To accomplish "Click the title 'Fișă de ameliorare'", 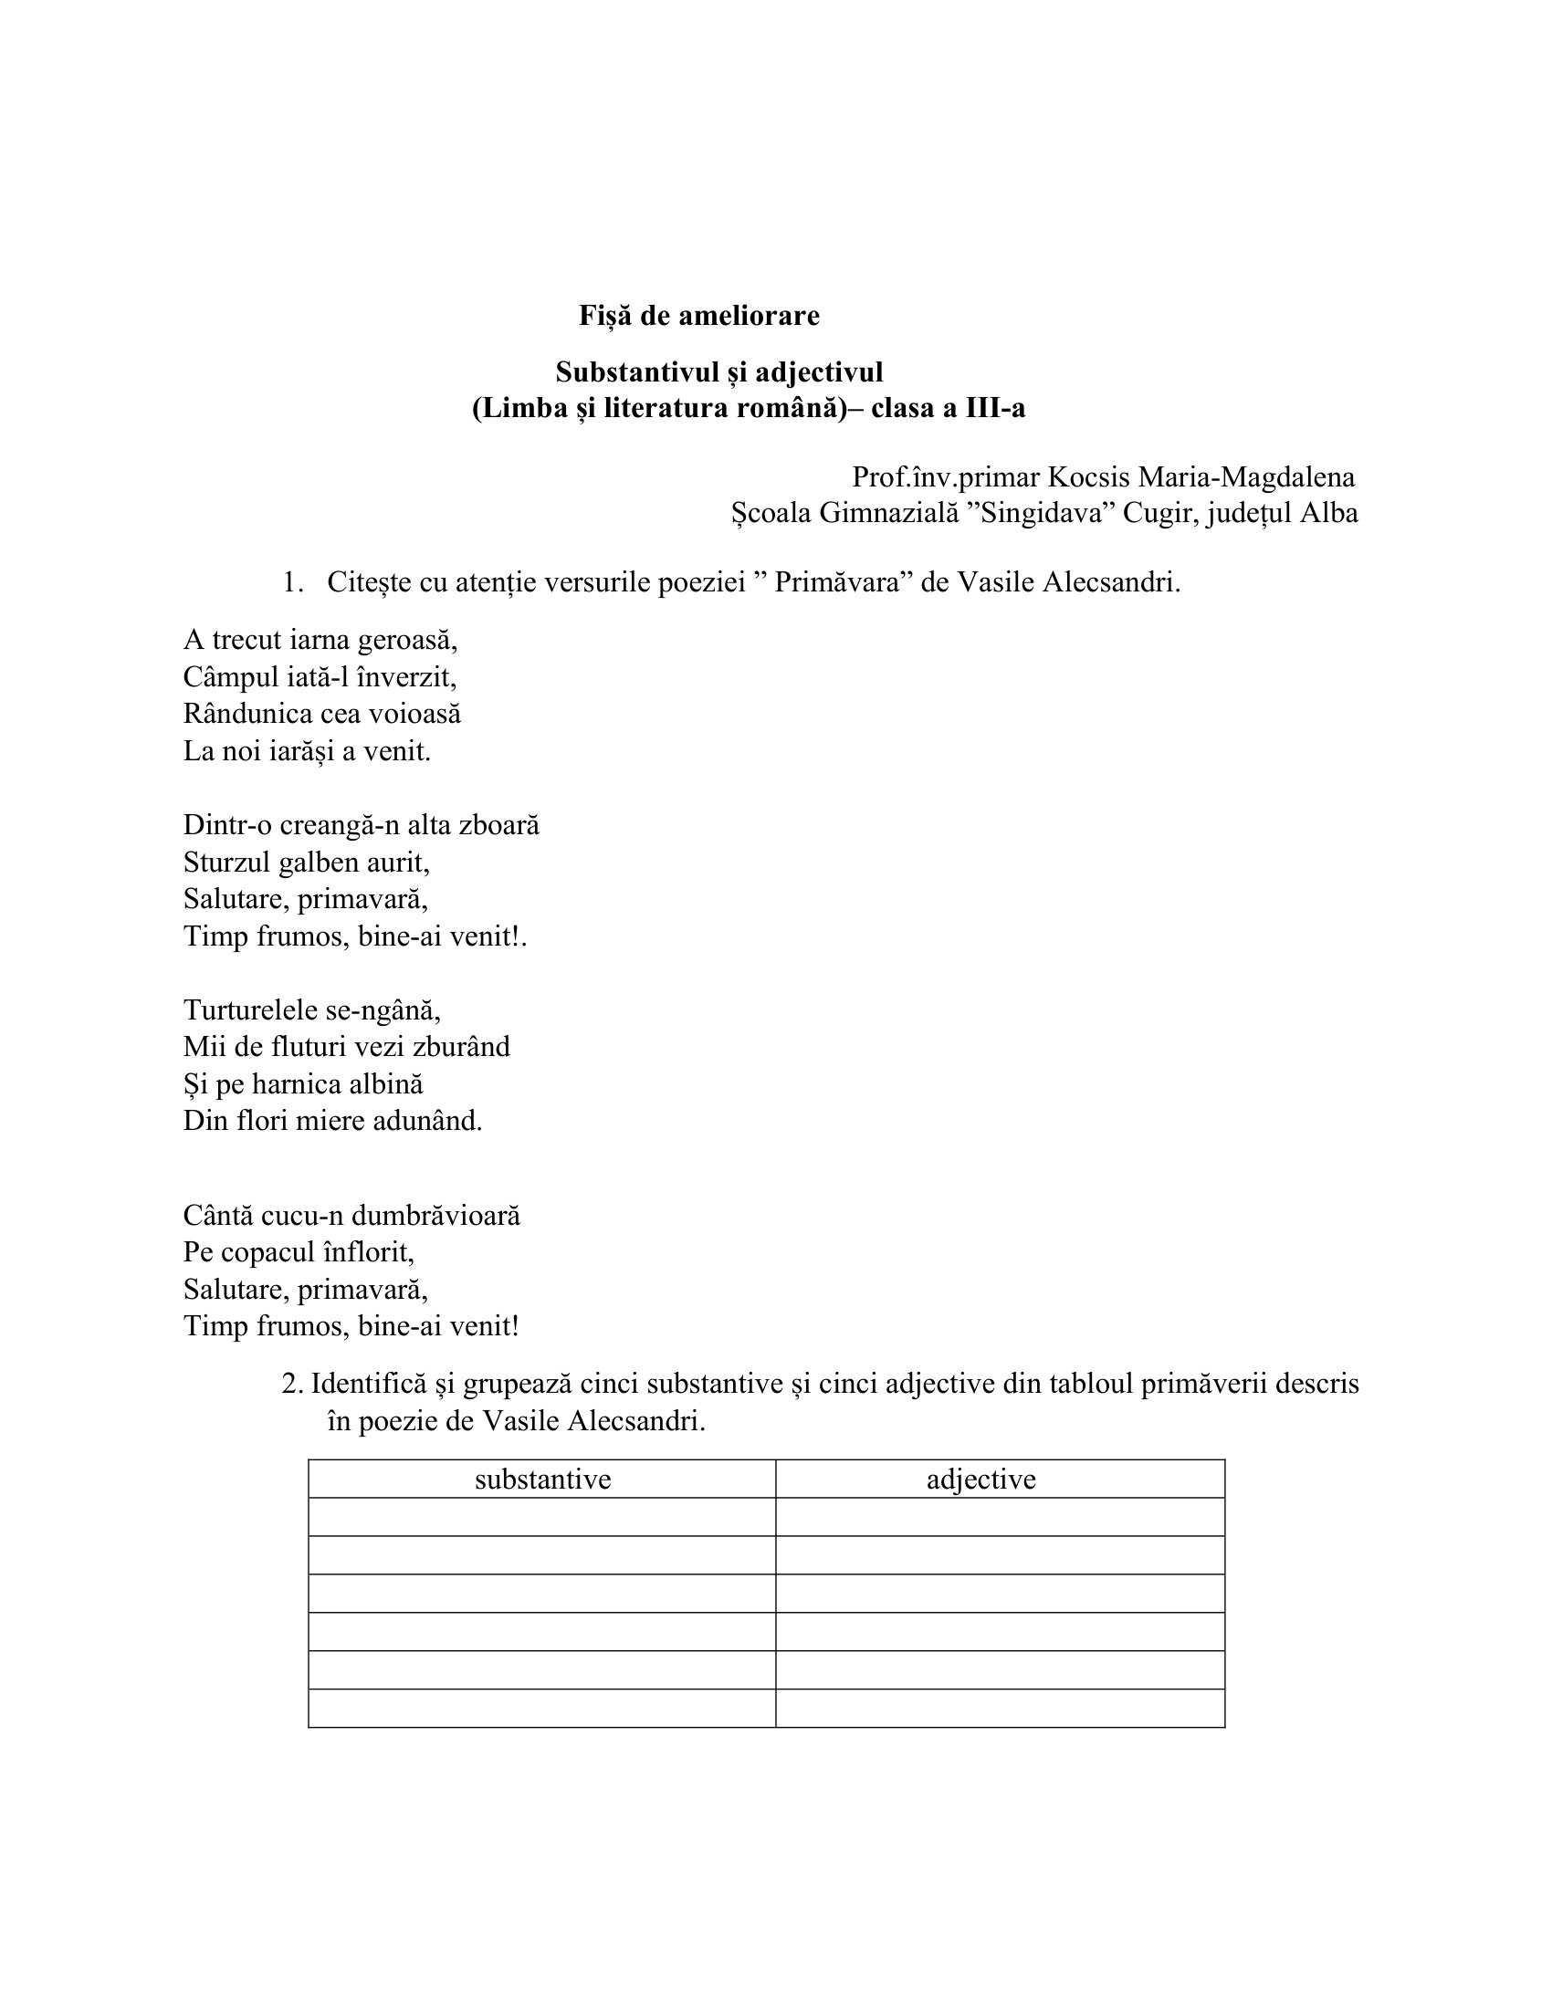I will [698, 316].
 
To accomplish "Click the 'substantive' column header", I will [542, 1480].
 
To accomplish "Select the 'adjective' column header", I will [981, 1480].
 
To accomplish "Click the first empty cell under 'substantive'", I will [541, 1517].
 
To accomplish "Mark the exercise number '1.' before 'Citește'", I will [292, 583].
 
